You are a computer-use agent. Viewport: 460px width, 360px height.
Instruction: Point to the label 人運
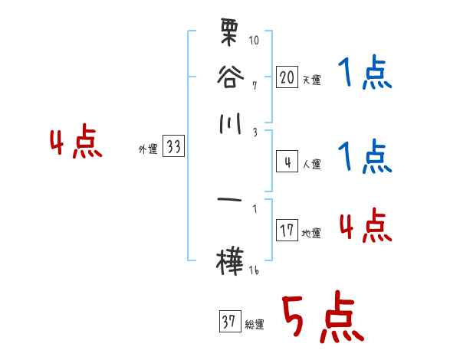point(311,164)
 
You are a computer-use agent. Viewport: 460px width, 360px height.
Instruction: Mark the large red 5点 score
point(321,319)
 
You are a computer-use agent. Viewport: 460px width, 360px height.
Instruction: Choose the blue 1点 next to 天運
point(365,74)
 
